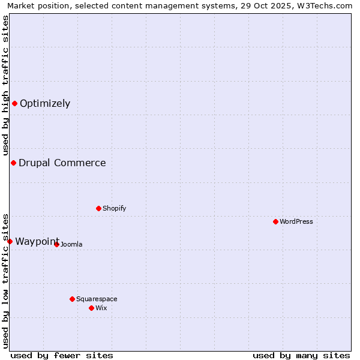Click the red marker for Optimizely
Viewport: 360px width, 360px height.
point(14,103)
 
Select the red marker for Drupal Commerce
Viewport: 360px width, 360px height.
point(13,163)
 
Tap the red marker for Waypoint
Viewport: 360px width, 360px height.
point(10,241)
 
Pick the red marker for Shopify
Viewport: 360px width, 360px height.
point(98,208)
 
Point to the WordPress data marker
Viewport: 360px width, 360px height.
point(275,221)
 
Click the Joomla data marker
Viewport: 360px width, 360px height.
point(56,244)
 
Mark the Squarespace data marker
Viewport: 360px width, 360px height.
point(72,299)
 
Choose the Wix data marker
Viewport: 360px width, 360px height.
point(91,308)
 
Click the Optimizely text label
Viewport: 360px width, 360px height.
point(45,103)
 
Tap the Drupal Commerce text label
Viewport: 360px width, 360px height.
point(62,163)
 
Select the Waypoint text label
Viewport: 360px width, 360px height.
point(37,241)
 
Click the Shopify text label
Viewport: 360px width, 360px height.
point(114,208)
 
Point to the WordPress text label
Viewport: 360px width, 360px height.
point(296,221)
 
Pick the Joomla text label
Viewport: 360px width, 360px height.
point(71,244)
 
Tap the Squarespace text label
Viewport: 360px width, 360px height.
point(97,299)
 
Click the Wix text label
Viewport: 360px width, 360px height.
point(101,308)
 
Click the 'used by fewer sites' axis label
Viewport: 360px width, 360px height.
point(62,355)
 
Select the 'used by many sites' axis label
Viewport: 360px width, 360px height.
point(301,355)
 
